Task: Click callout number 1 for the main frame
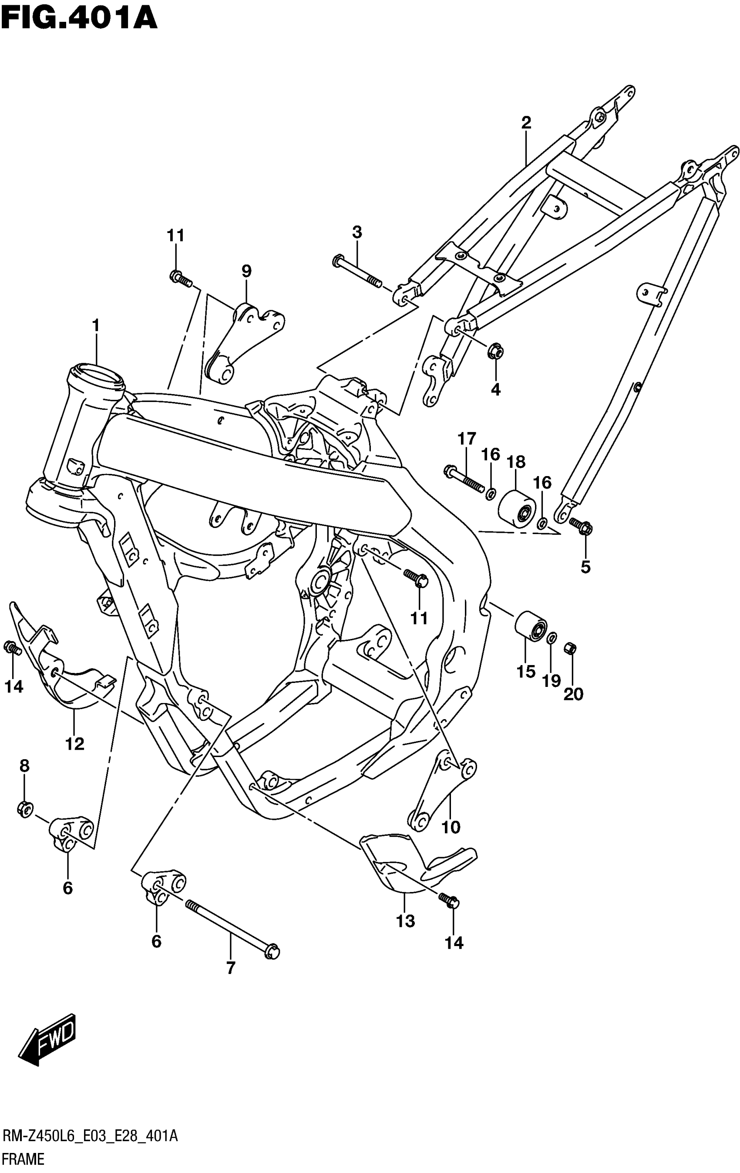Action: (95, 325)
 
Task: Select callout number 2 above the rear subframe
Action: (526, 123)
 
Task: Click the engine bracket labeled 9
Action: (243, 341)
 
